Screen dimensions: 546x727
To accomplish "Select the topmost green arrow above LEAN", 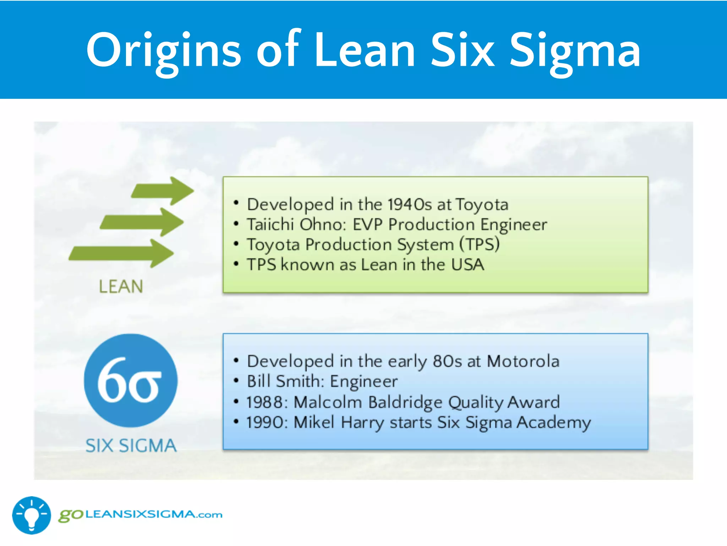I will pyautogui.click(x=163, y=191).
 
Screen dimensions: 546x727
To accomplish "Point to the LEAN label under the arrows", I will pyautogui.click(x=121, y=287).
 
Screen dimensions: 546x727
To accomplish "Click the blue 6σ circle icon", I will pyautogui.click(x=131, y=380).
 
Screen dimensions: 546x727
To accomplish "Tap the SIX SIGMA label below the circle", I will pyautogui.click(x=131, y=446).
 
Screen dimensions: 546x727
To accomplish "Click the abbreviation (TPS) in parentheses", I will pyautogui.click(x=480, y=245).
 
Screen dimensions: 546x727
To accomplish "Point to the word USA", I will pyautogui.click(x=468, y=264).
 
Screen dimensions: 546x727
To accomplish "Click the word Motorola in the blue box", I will pyautogui.click(x=523, y=361).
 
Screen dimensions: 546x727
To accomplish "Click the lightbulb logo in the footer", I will pyautogui.click(x=32, y=515).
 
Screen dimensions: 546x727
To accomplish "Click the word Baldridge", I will pyautogui.click(x=405, y=402).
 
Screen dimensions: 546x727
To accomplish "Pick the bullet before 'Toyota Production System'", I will pyautogui.click(x=236, y=244).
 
